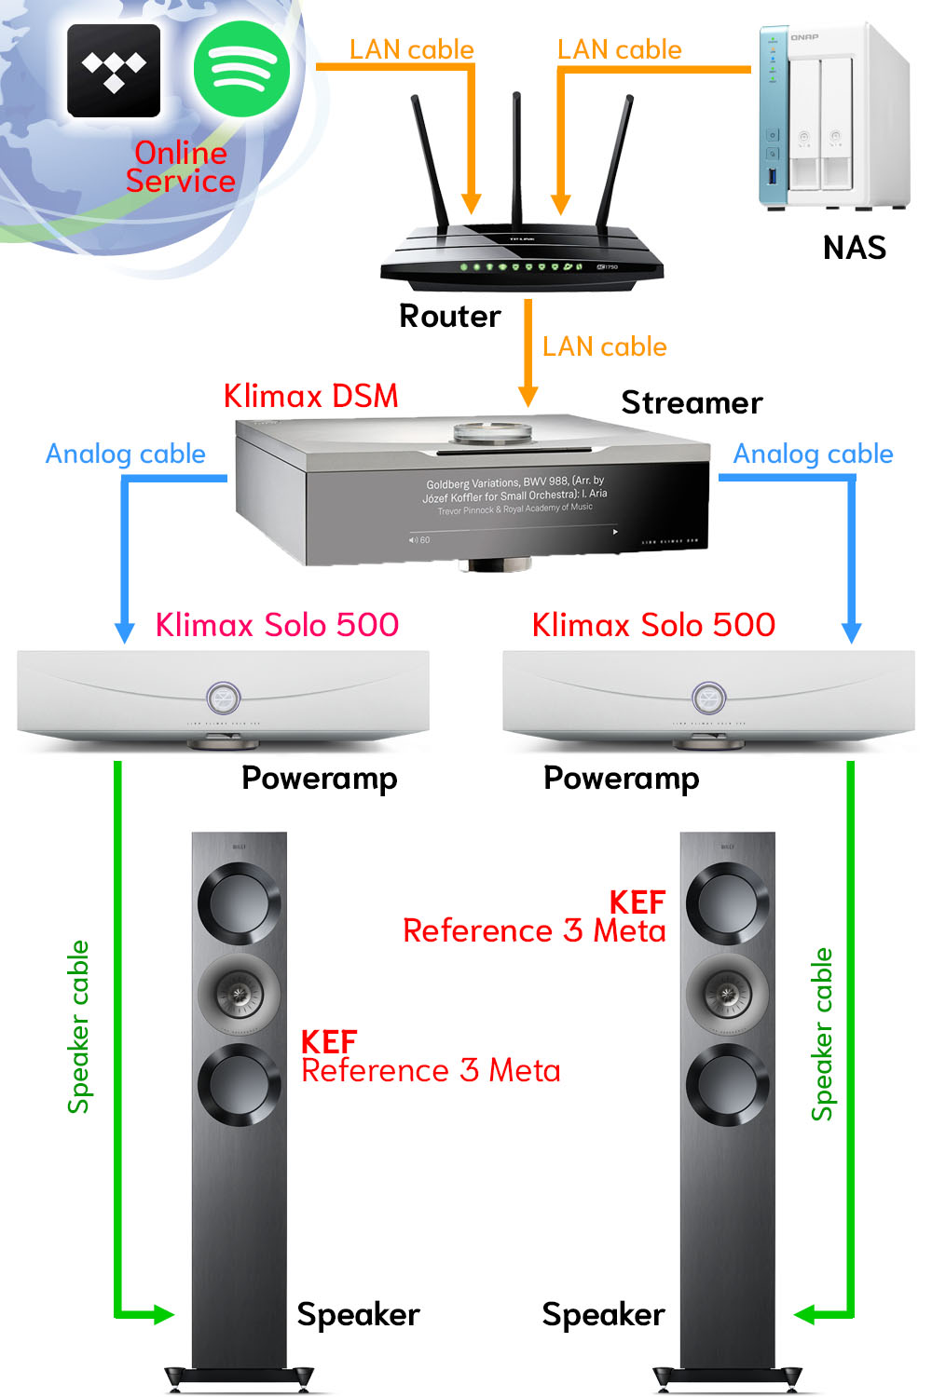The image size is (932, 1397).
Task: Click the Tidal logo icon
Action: [x=114, y=70]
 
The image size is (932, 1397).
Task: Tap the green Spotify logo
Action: [x=241, y=68]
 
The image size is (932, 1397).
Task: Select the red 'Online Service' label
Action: [x=181, y=167]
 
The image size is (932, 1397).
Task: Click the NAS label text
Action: [x=854, y=248]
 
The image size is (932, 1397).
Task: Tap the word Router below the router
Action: [x=449, y=317]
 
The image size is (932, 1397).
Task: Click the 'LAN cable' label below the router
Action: [x=604, y=346]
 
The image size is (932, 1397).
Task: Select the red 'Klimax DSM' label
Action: [x=310, y=396]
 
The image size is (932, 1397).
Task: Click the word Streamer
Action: [x=692, y=402]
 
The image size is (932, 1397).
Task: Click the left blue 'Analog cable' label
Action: [x=126, y=454]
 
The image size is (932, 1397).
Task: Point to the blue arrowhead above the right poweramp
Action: [x=851, y=632]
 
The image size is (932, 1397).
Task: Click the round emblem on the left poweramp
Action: [x=224, y=697]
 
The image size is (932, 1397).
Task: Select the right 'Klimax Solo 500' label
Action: [x=653, y=625]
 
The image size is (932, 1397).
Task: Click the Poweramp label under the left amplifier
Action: [x=319, y=778]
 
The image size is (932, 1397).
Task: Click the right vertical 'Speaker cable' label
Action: [x=821, y=1034]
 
